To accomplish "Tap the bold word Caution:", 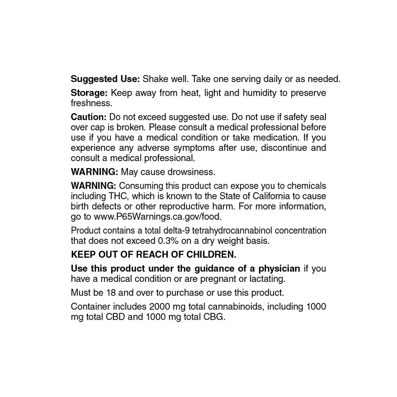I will click(x=89, y=117).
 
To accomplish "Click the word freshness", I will click(x=91, y=104).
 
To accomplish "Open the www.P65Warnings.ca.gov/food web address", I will click(x=157, y=217).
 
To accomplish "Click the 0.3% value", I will click(x=168, y=241).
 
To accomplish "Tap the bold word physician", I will click(x=273, y=268).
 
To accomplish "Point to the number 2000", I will click(x=160, y=306).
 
